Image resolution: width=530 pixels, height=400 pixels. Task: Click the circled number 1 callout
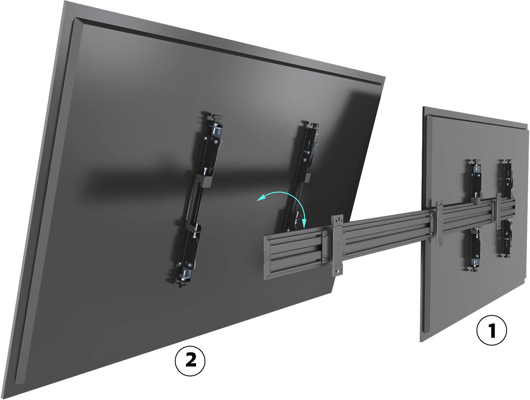click(x=492, y=330)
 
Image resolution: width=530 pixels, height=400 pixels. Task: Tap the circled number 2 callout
click(x=190, y=361)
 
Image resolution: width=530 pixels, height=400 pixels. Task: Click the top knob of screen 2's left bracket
click(x=216, y=118)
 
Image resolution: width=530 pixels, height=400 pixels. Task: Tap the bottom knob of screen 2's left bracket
click(x=182, y=284)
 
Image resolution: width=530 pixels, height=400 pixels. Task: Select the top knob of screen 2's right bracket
click(x=314, y=125)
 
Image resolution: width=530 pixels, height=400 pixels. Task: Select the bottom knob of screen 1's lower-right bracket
click(x=506, y=256)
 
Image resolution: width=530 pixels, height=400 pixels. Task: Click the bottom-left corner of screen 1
click(x=420, y=342)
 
